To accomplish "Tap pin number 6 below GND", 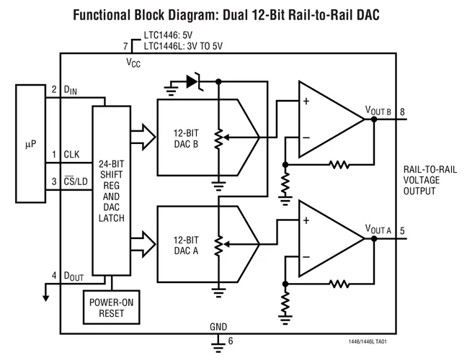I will click(231, 341).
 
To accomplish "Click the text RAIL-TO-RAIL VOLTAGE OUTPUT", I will click(430, 180).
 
